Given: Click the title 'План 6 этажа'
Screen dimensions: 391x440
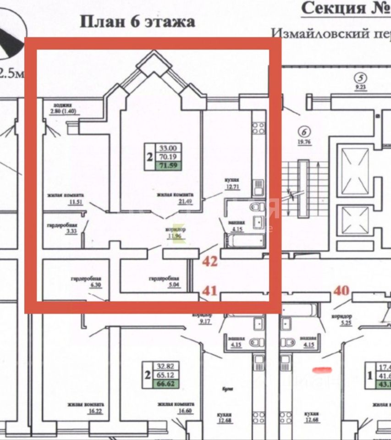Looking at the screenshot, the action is point(138,22).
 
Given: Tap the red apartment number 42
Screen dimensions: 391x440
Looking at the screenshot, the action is point(210,262).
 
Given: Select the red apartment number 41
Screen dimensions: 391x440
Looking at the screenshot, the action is point(210,290).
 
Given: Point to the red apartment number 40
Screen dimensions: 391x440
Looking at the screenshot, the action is point(341,290).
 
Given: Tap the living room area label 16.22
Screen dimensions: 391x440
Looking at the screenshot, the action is point(86,411).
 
